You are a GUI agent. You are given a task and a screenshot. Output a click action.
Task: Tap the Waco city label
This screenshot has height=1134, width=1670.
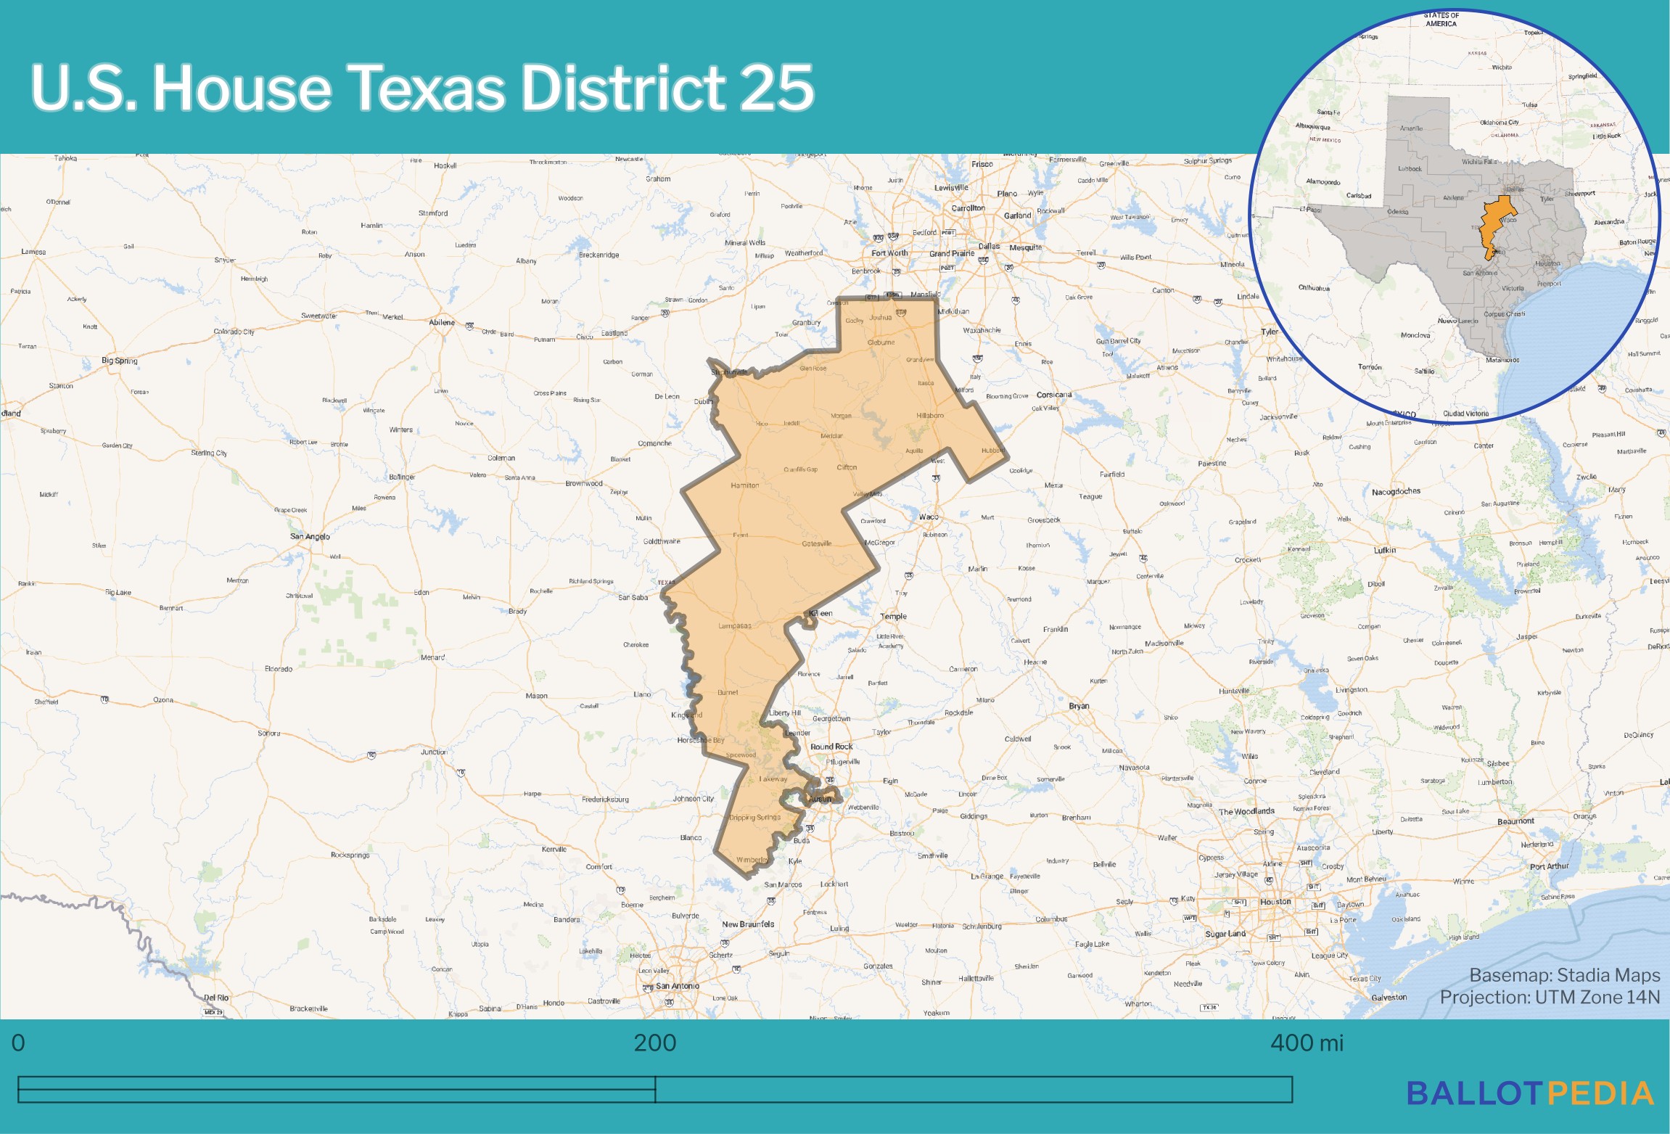928,517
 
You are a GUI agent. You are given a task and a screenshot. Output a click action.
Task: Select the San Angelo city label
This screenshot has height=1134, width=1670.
310,537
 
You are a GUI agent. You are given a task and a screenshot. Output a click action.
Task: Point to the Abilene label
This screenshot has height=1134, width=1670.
441,322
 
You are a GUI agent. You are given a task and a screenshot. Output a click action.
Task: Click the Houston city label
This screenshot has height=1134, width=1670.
1275,902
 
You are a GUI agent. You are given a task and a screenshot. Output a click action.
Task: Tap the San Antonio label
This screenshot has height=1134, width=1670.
677,986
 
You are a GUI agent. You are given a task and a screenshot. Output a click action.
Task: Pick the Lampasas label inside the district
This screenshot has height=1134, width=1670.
734,625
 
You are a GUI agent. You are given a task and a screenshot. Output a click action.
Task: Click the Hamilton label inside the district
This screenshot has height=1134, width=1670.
744,485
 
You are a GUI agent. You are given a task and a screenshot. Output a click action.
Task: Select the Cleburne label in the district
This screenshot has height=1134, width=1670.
881,342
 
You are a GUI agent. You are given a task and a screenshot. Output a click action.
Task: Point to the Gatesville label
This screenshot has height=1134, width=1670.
816,543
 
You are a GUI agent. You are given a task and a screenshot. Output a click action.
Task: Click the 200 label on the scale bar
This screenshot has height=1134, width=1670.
654,1043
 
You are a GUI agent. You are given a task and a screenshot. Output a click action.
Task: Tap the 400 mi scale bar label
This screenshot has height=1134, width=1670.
1307,1043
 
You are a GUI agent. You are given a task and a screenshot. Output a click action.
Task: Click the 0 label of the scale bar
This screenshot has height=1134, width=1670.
18,1043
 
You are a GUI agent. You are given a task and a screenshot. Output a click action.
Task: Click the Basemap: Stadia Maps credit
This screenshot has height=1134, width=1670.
1564,975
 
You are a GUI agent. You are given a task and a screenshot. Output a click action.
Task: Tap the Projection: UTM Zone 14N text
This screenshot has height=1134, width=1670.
1549,998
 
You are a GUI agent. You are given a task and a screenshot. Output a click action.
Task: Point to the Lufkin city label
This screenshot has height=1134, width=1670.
1384,551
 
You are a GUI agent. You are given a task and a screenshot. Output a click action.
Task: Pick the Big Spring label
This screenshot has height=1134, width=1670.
119,361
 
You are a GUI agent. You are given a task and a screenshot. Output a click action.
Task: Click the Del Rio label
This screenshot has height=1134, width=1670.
215,998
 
